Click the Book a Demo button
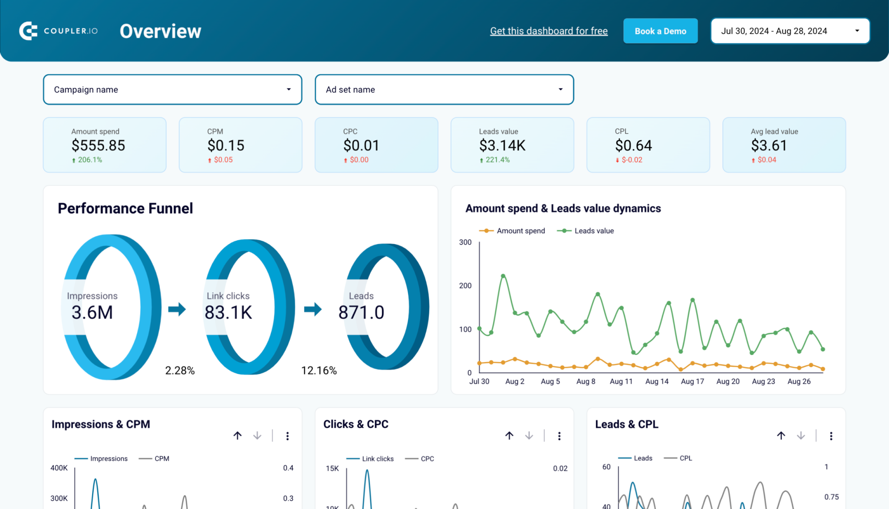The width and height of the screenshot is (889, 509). pyautogui.click(x=660, y=31)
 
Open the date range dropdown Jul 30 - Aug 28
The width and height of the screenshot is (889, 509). pyautogui.click(x=790, y=31)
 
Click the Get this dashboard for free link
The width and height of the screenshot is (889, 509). pyautogui.click(x=549, y=31)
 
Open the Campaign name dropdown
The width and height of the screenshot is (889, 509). pyautogui.click(x=172, y=89)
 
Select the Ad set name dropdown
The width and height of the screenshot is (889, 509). pyautogui.click(x=444, y=89)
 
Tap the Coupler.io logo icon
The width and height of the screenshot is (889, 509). pyautogui.click(x=28, y=31)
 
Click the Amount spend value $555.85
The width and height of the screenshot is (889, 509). pyautogui.click(x=98, y=145)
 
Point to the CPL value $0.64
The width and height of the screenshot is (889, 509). pyautogui.click(x=633, y=145)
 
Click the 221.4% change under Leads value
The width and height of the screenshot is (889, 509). pyautogui.click(x=497, y=160)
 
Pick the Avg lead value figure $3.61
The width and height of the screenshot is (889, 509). pyautogui.click(x=769, y=145)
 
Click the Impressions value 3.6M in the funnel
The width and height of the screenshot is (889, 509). pyautogui.click(x=92, y=312)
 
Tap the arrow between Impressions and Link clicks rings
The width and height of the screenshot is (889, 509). pyautogui.click(x=177, y=309)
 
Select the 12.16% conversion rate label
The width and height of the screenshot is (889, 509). pyautogui.click(x=319, y=370)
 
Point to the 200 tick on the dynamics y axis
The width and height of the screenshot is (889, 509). pyautogui.click(x=465, y=285)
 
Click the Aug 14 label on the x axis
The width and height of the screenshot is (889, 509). pyautogui.click(x=656, y=381)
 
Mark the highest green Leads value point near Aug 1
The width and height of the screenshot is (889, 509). pyautogui.click(x=503, y=276)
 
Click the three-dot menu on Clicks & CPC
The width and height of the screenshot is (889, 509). pyautogui.click(x=559, y=436)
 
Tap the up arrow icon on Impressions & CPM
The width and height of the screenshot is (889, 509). pyautogui.click(x=237, y=435)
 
